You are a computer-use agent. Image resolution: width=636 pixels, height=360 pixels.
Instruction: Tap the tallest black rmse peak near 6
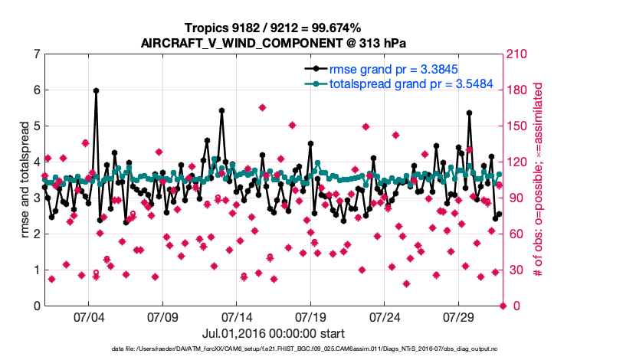click(x=96, y=90)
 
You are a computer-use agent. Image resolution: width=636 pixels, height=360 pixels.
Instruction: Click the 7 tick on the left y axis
click(x=36, y=54)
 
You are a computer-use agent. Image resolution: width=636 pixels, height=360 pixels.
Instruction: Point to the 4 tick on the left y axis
click(x=36, y=162)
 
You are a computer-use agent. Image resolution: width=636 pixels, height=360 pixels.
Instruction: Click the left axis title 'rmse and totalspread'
click(x=25, y=180)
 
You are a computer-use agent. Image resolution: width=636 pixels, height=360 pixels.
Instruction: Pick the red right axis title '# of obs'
click(x=539, y=180)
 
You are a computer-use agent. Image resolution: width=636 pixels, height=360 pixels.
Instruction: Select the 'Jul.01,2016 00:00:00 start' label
click(x=274, y=333)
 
